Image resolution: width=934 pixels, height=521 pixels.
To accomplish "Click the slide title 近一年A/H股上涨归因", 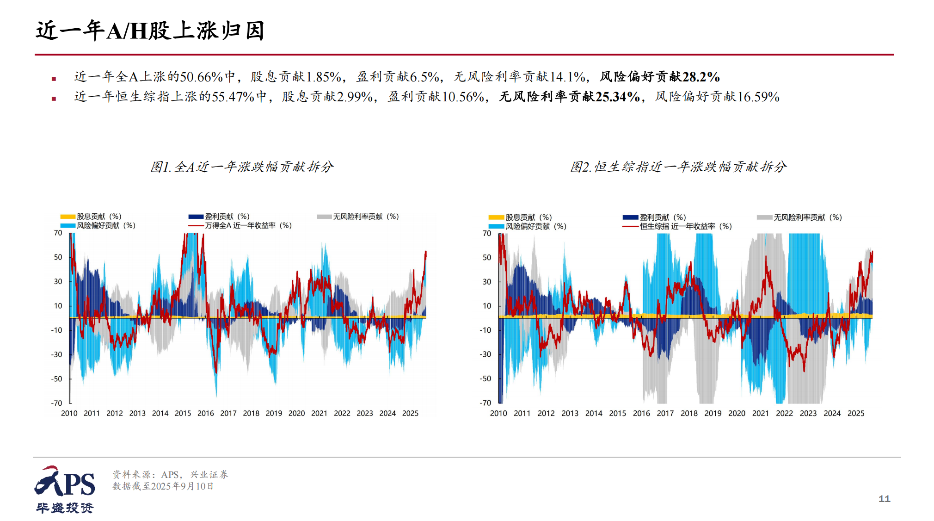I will click(150, 31).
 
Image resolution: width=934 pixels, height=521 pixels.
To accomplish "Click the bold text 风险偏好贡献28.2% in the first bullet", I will click(659, 77).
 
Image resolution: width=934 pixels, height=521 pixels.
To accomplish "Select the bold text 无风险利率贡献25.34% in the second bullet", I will click(570, 97).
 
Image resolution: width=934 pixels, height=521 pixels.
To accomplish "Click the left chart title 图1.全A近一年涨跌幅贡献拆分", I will click(241, 167).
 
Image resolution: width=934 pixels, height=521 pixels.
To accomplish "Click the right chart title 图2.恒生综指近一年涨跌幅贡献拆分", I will click(678, 167).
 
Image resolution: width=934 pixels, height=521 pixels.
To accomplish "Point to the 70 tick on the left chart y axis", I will click(58, 233).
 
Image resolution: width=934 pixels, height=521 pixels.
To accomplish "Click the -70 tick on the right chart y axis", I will click(485, 403).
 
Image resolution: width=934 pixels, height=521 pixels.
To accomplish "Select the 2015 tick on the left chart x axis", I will click(183, 413).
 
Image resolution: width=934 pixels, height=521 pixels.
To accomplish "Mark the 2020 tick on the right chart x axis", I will click(737, 413).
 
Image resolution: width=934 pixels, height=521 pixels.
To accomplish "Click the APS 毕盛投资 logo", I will click(65, 490).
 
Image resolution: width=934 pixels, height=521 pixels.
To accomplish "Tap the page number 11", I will click(884, 499).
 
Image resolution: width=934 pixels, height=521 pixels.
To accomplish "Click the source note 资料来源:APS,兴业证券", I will click(170, 475).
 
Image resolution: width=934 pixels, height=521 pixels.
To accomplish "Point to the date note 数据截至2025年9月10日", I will click(163, 486).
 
